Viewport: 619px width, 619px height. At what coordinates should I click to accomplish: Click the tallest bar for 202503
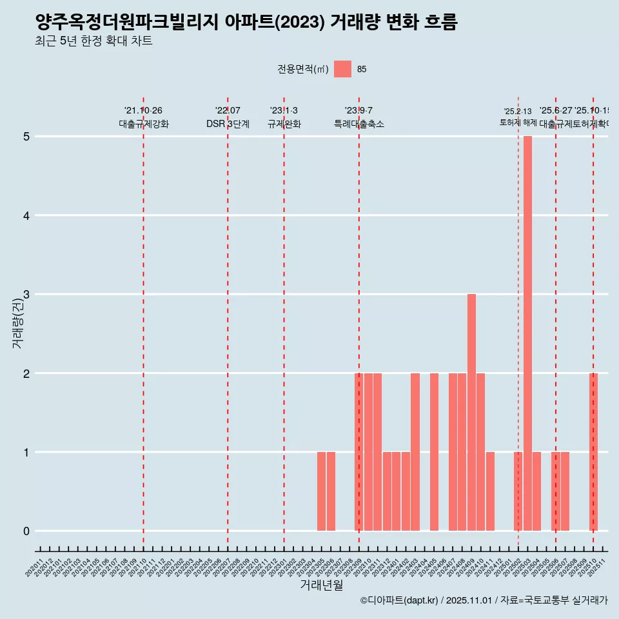coord(527,333)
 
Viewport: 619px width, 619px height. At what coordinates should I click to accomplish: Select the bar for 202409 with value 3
coord(471,413)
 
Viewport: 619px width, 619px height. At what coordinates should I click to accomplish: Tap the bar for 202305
coord(321,491)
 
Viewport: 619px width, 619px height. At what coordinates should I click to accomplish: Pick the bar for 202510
coord(593,452)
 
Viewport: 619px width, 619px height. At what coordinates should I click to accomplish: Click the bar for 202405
coord(434,452)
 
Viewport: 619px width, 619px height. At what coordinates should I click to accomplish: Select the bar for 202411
coord(490,491)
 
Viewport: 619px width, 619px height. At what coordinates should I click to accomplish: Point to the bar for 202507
coord(565,491)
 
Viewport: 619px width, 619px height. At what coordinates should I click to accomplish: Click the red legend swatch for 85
coord(342,69)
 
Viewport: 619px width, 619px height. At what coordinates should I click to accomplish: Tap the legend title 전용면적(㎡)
coord(303,70)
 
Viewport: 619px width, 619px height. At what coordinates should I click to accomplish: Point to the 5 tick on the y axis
coord(26,137)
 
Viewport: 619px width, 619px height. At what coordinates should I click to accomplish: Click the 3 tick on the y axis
coord(26,295)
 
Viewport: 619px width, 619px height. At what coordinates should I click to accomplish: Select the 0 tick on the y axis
coord(26,531)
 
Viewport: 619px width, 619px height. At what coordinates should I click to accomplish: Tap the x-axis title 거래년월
coord(321,585)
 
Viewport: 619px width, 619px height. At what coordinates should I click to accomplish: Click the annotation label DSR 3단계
coord(228,124)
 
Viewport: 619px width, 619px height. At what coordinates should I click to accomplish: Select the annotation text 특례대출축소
coord(359,124)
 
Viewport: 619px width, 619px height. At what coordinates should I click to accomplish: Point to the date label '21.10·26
coord(143,110)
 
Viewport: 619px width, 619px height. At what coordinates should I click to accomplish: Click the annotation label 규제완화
coord(284,124)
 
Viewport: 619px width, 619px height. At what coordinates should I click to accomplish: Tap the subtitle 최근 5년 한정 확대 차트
coord(94,42)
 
